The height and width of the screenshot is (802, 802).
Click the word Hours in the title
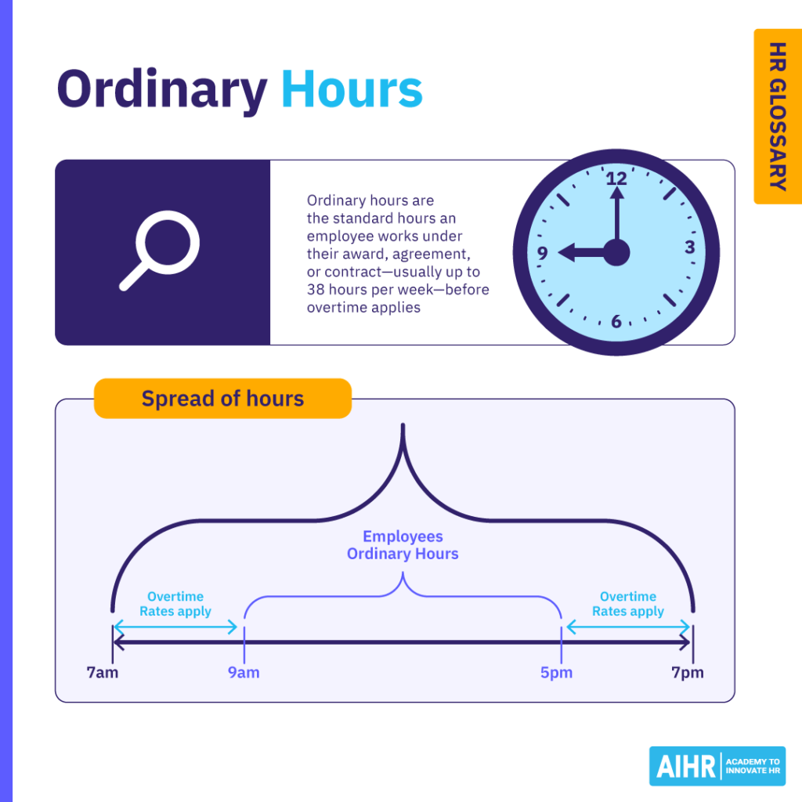coord(352,90)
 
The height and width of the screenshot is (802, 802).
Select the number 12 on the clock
coord(617,179)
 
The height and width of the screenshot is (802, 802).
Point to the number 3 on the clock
coord(690,247)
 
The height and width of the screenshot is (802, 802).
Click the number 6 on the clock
coord(617,321)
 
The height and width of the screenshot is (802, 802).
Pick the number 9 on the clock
coord(543,253)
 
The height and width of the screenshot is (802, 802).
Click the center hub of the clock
coord(616,253)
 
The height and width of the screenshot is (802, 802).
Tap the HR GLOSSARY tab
coord(776,116)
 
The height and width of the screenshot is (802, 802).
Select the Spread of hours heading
coord(222,399)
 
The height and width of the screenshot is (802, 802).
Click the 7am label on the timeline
coord(103,673)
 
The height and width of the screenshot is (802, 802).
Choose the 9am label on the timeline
coord(244,673)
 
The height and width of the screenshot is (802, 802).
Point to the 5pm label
coord(556,673)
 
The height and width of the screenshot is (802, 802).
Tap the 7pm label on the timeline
coord(688,673)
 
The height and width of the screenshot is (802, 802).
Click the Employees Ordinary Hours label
coord(403,545)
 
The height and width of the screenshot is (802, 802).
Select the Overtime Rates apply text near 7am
coord(175,604)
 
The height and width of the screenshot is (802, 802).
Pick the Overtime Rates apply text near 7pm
coord(628,604)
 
